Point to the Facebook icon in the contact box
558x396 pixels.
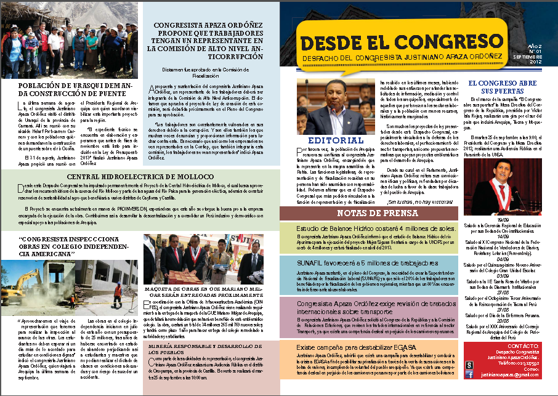click(x=470, y=373)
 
